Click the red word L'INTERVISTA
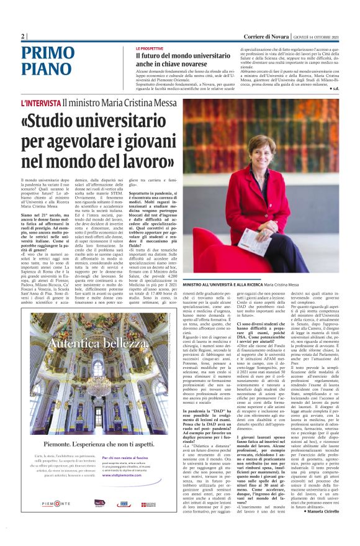[x=42, y=103]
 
